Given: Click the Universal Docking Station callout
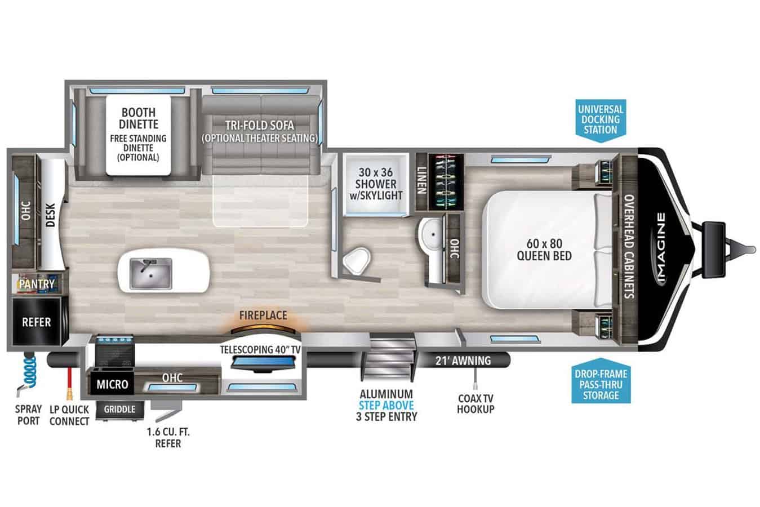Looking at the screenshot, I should pos(601,119).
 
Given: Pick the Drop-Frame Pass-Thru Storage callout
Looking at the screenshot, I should pos(601,384).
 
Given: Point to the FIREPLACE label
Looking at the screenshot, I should pos(263,315).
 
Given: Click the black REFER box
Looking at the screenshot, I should pos(37,322).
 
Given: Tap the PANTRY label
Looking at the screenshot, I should pos(37,284).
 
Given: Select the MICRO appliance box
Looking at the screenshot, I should pos(112,384).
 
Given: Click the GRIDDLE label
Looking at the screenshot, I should pos(119,409).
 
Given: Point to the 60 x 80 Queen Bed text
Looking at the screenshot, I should pos(544,250).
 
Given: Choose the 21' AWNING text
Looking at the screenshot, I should pos(463,361).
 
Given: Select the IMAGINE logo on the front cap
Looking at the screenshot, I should pos(661,248).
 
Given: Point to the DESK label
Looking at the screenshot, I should pos(50,215).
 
